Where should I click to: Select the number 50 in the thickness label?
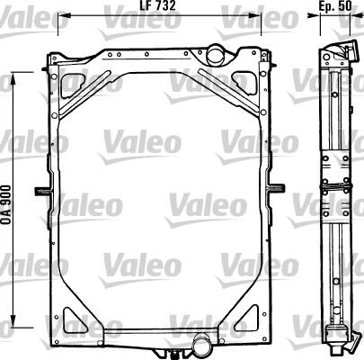346,7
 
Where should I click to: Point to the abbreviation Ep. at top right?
326,7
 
